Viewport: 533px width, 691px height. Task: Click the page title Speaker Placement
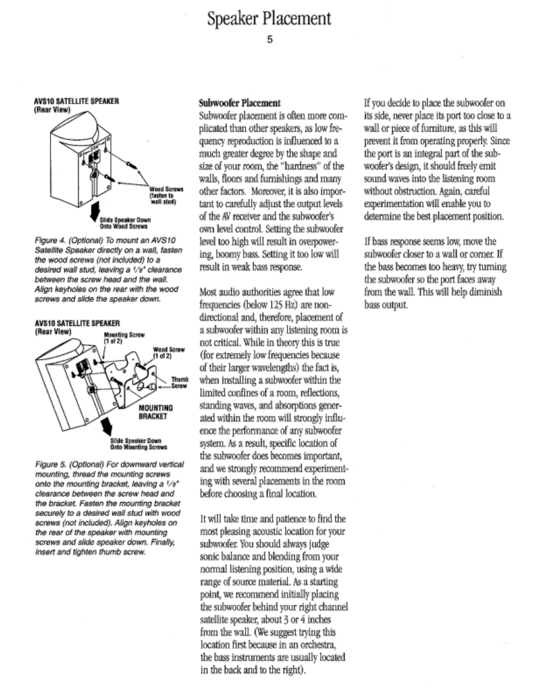point(269,19)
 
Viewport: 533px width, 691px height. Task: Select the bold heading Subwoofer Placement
point(239,102)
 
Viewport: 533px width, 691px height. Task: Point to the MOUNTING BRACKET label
point(155,411)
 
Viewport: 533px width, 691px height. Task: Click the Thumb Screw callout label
point(178,382)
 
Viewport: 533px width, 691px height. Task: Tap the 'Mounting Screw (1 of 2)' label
point(116,338)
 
